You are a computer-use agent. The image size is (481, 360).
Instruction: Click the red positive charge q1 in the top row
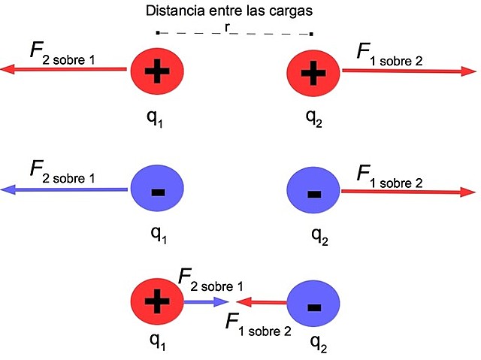click(158, 72)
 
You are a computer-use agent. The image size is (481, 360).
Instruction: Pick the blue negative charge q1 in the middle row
click(158, 191)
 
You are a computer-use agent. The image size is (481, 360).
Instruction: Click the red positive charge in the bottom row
click(157, 302)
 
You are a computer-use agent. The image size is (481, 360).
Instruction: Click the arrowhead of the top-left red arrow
click(8, 69)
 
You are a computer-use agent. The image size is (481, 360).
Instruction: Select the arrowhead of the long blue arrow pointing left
click(8, 190)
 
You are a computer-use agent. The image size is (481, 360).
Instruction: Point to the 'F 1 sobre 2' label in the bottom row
click(259, 325)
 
